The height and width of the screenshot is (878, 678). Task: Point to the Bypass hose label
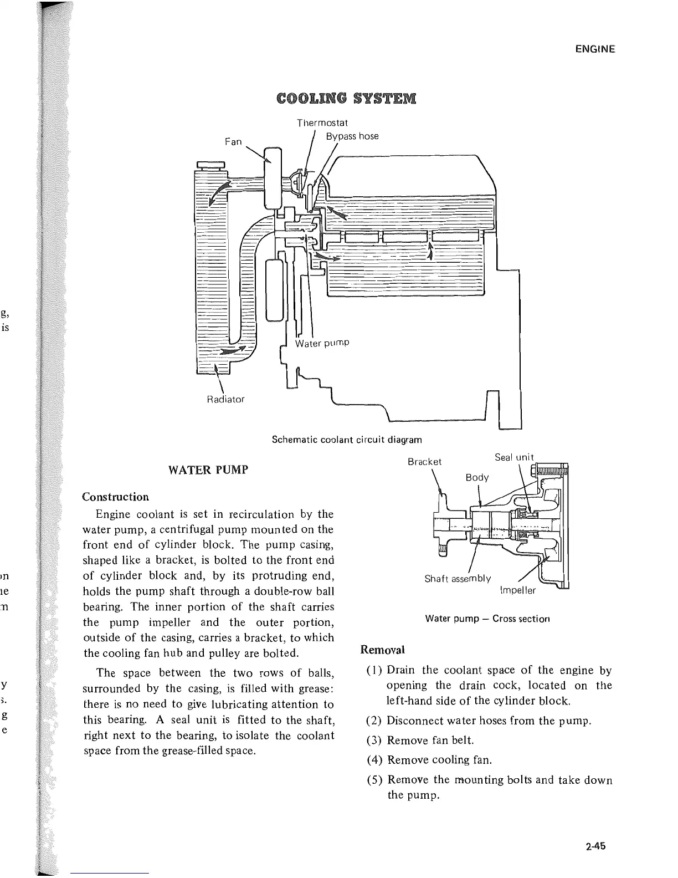click(352, 136)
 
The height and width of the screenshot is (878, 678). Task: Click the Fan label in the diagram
click(233, 142)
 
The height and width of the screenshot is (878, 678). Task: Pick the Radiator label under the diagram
click(225, 399)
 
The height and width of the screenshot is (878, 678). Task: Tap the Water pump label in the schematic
click(322, 343)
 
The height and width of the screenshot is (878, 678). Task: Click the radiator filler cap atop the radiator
click(210, 165)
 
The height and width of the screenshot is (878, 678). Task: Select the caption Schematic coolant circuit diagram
click(347, 440)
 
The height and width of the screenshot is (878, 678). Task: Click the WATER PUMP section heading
click(208, 470)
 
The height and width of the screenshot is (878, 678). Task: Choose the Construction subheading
click(115, 497)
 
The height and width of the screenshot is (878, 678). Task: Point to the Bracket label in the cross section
click(424, 462)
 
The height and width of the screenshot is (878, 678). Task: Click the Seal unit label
click(514, 457)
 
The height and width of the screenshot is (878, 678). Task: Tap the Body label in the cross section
click(477, 477)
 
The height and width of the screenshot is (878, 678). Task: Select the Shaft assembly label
click(458, 579)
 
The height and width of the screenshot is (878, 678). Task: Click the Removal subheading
click(382, 649)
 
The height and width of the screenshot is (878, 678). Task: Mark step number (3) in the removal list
click(374, 741)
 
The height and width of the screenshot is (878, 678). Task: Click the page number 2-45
click(594, 846)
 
